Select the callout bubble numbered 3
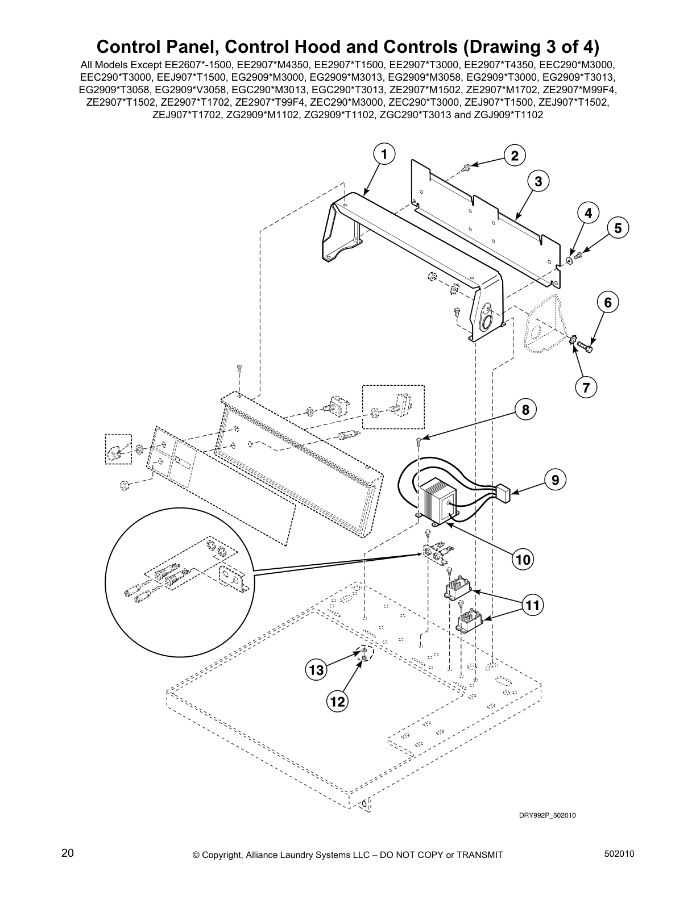coord(538,181)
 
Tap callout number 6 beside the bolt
coord(608,302)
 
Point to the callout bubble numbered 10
coord(523,560)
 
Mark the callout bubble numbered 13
coord(316,670)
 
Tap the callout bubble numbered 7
coord(586,388)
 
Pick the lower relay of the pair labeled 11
coord(471,620)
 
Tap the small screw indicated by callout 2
coord(466,166)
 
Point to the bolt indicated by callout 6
coord(585,345)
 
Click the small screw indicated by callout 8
coord(419,440)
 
